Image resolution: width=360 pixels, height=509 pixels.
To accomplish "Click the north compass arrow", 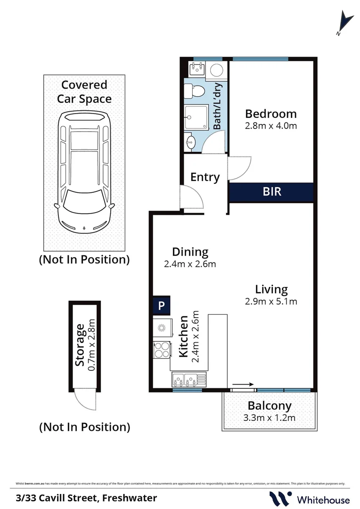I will (344, 24).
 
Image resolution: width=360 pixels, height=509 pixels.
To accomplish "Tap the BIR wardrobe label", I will (271, 192).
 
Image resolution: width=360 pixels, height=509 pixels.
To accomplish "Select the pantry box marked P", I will (161, 305).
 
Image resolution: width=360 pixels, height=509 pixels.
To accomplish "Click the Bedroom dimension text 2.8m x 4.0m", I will (270, 126).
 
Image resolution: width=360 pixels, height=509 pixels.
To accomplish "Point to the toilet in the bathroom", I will (194, 90).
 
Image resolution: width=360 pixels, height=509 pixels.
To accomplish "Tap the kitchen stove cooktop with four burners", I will (162, 350).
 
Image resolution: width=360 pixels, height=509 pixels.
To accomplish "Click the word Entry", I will (205, 177).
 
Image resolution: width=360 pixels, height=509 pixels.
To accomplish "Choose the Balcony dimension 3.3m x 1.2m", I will (270, 418).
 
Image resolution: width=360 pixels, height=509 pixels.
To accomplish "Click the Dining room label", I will (190, 252).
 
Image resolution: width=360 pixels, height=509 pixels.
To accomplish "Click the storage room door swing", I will (86, 401).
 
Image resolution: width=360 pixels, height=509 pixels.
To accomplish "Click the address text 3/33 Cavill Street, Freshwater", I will (86, 498).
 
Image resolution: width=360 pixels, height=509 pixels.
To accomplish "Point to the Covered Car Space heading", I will (84, 91).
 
